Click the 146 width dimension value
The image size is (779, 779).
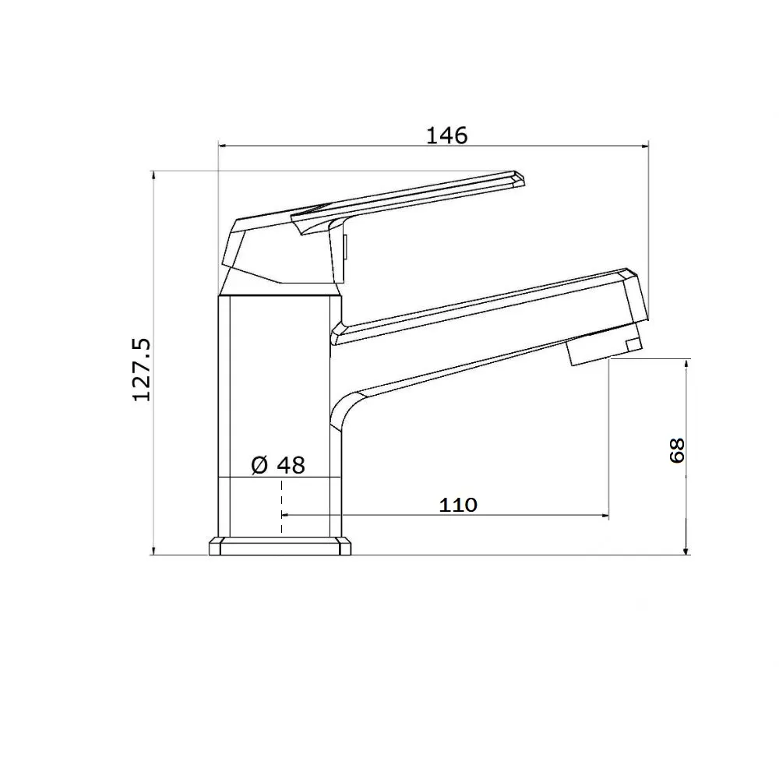(447, 135)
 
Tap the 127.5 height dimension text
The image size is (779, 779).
(142, 370)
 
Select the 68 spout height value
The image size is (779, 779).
(677, 450)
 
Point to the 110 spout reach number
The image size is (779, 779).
(458, 505)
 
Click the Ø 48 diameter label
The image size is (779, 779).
(278, 465)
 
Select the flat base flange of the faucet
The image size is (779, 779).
(280, 545)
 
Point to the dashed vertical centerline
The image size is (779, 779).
(282, 507)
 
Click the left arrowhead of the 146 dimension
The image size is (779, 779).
(222, 146)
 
